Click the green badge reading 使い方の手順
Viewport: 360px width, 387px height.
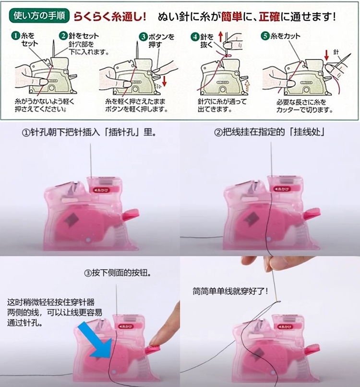coord(39,16)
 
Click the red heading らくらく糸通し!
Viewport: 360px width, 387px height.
coord(109,17)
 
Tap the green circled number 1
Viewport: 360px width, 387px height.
coord(15,36)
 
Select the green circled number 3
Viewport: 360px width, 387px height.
coord(143,37)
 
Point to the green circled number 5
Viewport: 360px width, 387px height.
coord(265,36)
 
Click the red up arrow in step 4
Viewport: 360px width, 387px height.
coord(221,36)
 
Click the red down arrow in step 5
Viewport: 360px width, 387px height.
coord(327,55)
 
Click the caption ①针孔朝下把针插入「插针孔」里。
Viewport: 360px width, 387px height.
coord(89,133)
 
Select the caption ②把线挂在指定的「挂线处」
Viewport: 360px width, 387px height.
coord(269,133)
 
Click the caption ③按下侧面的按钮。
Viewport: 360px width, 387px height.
coord(118,273)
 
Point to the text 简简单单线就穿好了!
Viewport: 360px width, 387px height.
coord(230,291)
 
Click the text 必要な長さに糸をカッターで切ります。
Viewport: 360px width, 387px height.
coord(304,106)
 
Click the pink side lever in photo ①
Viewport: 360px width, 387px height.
coord(131,214)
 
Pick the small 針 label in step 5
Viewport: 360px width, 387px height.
coord(336,52)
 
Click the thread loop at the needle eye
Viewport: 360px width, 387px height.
coord(277,302)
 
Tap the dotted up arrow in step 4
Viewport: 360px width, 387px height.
coord(247,85)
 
